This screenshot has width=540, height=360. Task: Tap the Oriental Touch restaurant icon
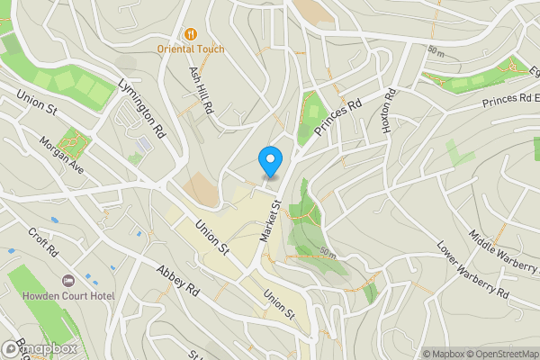190,34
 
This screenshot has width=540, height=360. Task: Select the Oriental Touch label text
190,49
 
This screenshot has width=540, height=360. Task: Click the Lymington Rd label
142,106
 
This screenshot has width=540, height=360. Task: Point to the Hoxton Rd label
389,112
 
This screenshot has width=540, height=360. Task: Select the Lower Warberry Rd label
472,269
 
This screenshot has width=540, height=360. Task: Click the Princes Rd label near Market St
337,118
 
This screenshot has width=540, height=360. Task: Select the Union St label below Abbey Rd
279,304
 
